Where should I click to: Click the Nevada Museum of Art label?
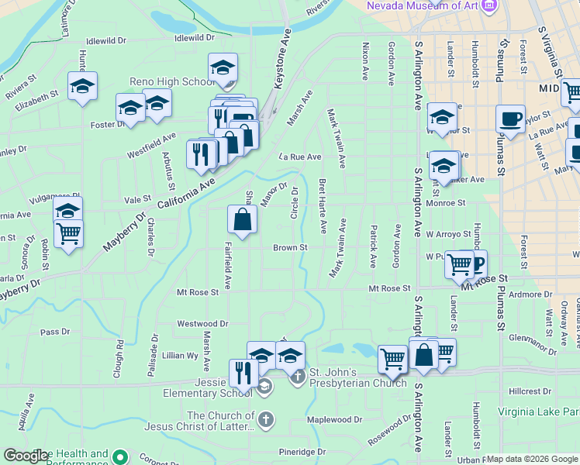coord(420,6)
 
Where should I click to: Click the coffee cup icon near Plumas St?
coord(510,119)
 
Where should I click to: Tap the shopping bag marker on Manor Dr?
coord(243,219)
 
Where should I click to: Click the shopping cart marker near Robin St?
coord(69,232)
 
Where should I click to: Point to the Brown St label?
coord(290,248)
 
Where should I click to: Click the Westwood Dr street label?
coord(202,323)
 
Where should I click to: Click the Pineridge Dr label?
coord(302,452)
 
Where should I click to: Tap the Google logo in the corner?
coord(26,456)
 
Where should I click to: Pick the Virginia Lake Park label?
coord(538,412)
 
